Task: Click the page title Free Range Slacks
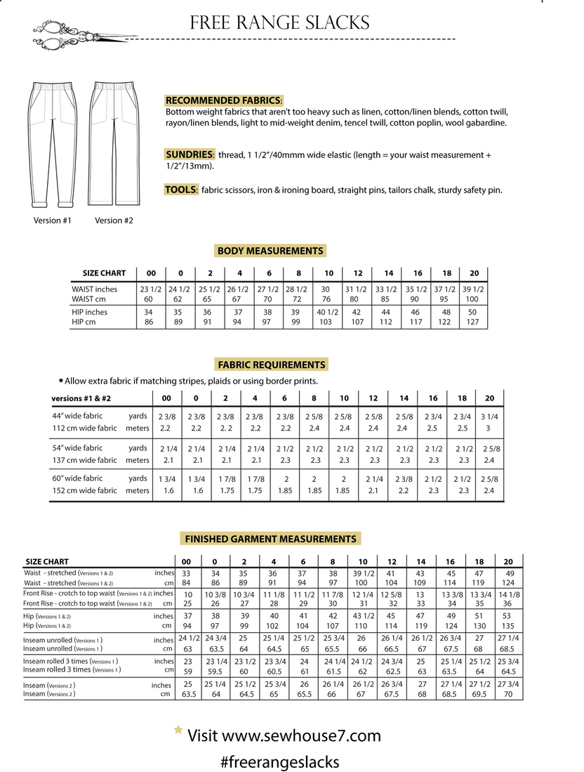(x=279, y=22)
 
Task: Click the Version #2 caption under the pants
(x=114, y=220)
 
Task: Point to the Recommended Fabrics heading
(x=223, y=100)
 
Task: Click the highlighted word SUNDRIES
(x=190, y=155)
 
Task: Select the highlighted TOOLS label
(x=180, y=190)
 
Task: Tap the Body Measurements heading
(x=270, y=251)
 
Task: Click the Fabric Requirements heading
(x=271, y=365)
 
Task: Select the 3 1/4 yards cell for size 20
(x=490, y=416)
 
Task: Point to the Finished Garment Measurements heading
(x=270, y=539)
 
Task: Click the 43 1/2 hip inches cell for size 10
(x=361, y=616)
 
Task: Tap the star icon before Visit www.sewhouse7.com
(x=178, y=731)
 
